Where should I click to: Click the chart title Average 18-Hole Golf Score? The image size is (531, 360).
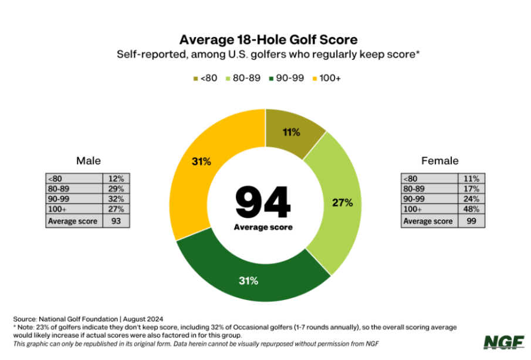(265, 40)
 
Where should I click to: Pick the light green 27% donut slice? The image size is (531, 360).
(340, 203)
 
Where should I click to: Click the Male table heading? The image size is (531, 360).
(88, 161)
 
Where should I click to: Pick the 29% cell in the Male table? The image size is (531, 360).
(116, 189)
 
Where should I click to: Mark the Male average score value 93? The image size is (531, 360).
(116, 221)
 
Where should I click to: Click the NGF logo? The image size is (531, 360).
(500, 342)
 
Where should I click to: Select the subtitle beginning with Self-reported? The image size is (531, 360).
(265, 55)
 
